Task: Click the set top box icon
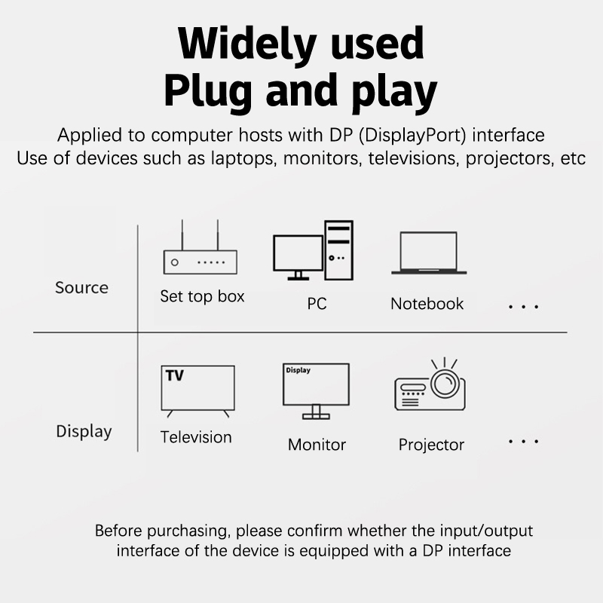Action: point(200,262)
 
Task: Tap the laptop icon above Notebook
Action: point(429,253)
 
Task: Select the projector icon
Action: point(430,384)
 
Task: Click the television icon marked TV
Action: point(197,390)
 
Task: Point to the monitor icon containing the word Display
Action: point(316,390)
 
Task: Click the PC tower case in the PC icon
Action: point(338,250)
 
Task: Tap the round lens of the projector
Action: point(445,383)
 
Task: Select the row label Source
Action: point(81,288)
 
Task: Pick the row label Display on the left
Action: point(84,431)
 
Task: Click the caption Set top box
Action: point(202,296)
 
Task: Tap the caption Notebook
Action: point(427,304)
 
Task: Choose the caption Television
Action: point(196,437)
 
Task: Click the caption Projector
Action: point(431,445)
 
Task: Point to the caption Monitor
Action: point(317,445)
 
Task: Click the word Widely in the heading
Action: point(247,44)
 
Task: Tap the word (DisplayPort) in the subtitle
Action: point(412,136)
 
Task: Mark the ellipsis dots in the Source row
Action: point(523,307)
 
